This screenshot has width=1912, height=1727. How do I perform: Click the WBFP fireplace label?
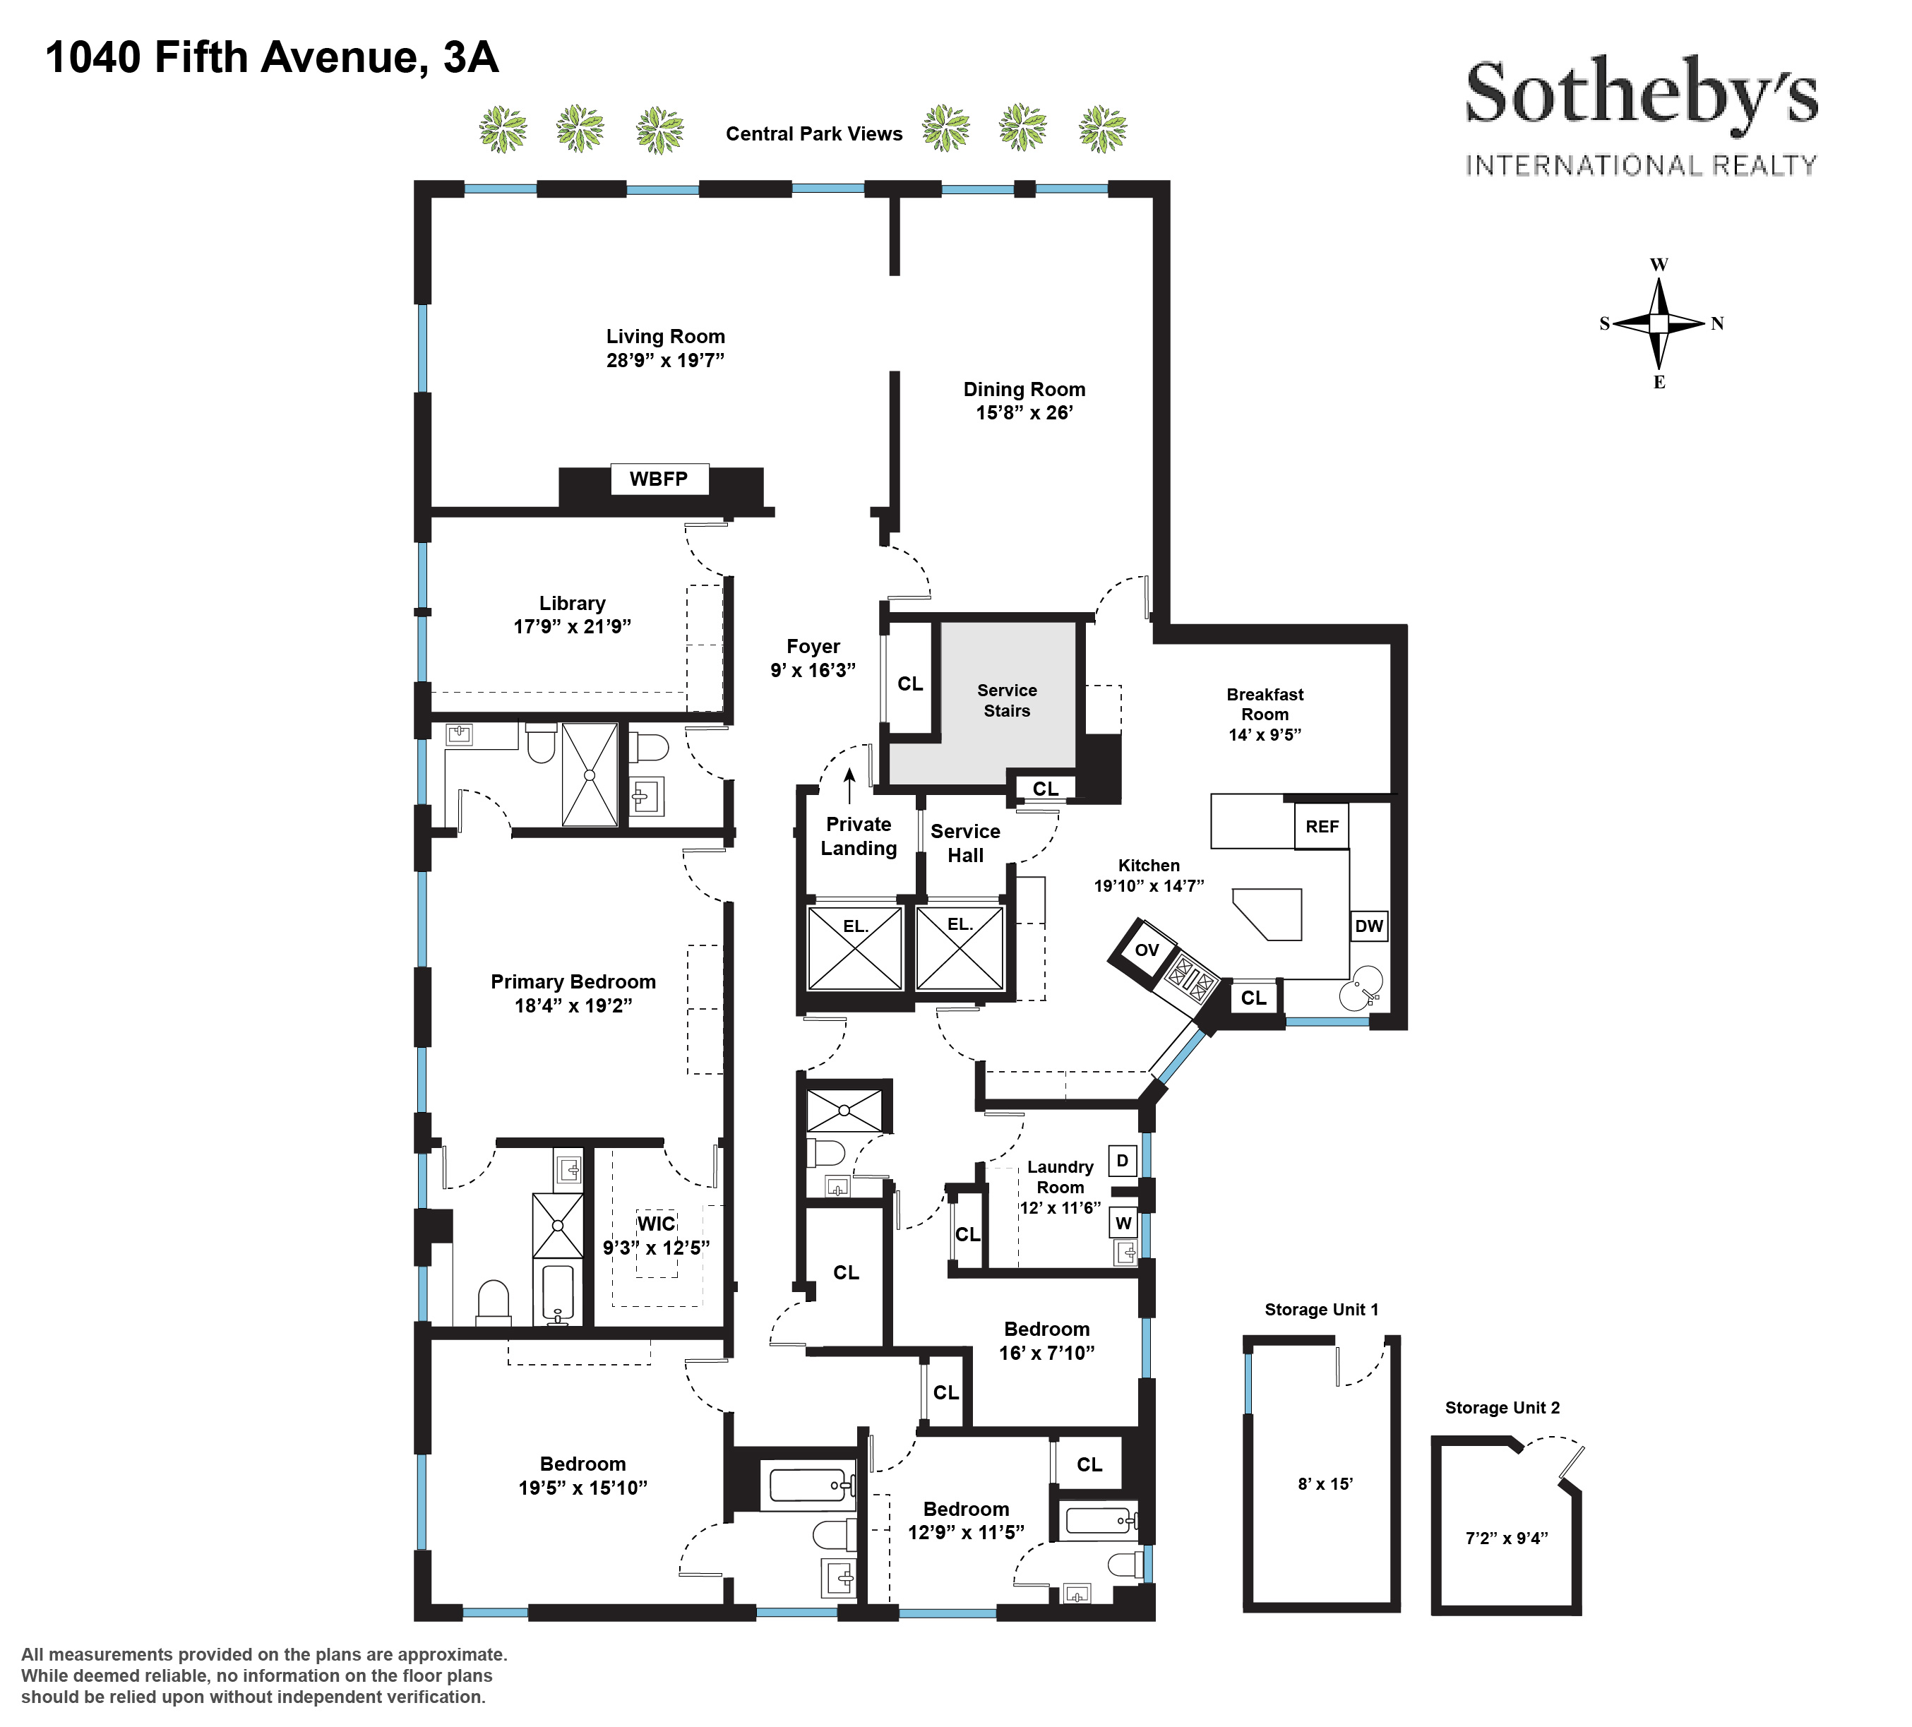click(658, 479)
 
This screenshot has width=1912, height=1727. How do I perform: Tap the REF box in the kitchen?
click(1322, 826)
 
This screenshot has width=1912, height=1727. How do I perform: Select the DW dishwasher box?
click(1368, 926)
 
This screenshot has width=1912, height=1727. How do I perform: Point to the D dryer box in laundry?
click(1122, 1160)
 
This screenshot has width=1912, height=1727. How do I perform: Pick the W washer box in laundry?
click(1123, 1222)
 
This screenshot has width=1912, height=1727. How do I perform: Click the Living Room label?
click(666, 337)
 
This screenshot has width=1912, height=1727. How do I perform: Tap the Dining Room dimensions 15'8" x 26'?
click(1024, 412)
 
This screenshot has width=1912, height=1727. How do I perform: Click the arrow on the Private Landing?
click(850, 785)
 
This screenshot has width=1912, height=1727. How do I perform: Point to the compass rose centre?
click(1659, 323)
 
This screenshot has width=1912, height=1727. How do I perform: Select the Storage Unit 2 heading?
click(1502, 1407)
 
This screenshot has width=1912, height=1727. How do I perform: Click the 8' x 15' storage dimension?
click(1325, 1483)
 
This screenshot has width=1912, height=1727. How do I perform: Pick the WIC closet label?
click(657, 1224)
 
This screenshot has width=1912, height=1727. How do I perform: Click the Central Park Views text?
click(814, 133)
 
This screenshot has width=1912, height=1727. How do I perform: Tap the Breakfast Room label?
click(1265, 705)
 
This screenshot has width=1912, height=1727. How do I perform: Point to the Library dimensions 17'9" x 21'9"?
click(572, 626)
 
